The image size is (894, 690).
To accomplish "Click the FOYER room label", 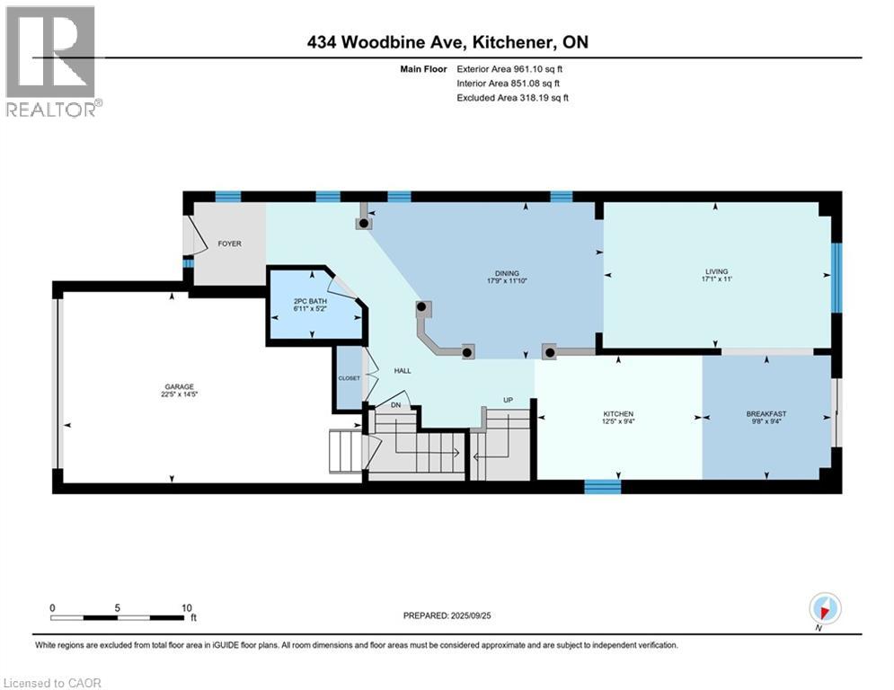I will [228, 243].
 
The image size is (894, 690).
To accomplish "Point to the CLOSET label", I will [349, 378].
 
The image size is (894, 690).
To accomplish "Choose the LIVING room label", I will [716, 271].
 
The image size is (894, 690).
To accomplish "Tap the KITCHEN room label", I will [618, 414].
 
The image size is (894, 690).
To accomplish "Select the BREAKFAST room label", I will [766, 414].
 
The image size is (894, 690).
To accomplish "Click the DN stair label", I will [394, 405].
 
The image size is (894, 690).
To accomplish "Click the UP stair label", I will [508, 399].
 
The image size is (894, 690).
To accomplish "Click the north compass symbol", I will [824, 608].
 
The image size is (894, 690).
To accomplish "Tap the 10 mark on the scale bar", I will [187, 606].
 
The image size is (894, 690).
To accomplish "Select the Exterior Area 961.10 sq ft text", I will [513, 68].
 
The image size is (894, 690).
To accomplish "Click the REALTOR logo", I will [52, 61].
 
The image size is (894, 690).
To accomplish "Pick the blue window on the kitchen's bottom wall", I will [602, 486].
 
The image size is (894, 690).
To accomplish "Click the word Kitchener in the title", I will [504, 42].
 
